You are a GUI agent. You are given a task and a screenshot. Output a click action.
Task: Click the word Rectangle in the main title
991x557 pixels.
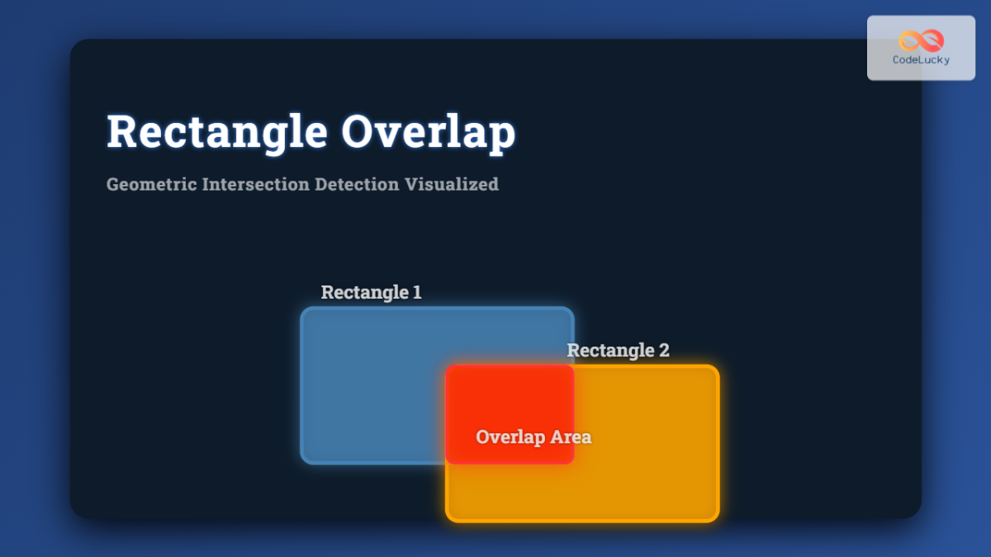coord(215,132)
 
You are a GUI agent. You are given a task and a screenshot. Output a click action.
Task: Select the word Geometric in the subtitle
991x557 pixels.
coord(151,184)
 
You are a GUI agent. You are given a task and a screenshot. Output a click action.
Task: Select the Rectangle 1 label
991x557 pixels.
coord(371,292)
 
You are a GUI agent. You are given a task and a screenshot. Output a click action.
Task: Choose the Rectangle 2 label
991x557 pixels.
coord(618,350)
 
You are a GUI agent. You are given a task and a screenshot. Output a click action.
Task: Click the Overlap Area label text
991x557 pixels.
coord(533,437)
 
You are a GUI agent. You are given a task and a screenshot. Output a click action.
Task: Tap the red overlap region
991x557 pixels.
coord(510,396)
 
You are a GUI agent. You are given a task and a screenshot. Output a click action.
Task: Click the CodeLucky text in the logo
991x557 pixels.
coord(921,60)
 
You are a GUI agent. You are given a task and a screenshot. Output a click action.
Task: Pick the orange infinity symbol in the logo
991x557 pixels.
coord(921,40)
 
